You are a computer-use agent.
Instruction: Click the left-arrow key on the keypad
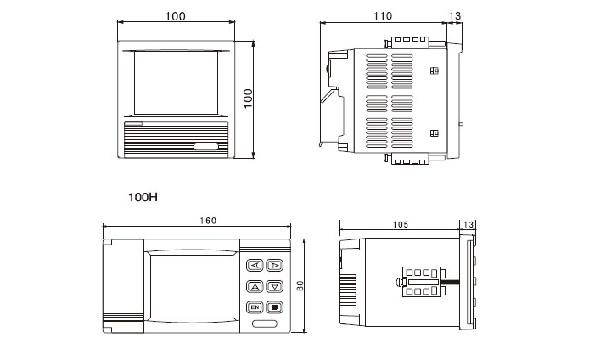click(x=253, y=265)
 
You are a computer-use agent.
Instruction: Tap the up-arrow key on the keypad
click(x=253, y=286)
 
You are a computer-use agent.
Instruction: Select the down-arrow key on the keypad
click(x=273, y=286)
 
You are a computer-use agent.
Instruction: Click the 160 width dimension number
click(x=207, y=221)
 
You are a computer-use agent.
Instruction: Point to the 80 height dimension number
click(x=300, y=287)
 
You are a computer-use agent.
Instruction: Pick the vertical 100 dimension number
click(x=249, y=99)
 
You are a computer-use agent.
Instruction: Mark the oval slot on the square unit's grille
click(x=207, y=148)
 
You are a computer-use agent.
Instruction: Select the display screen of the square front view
click(x=176, y=83)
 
